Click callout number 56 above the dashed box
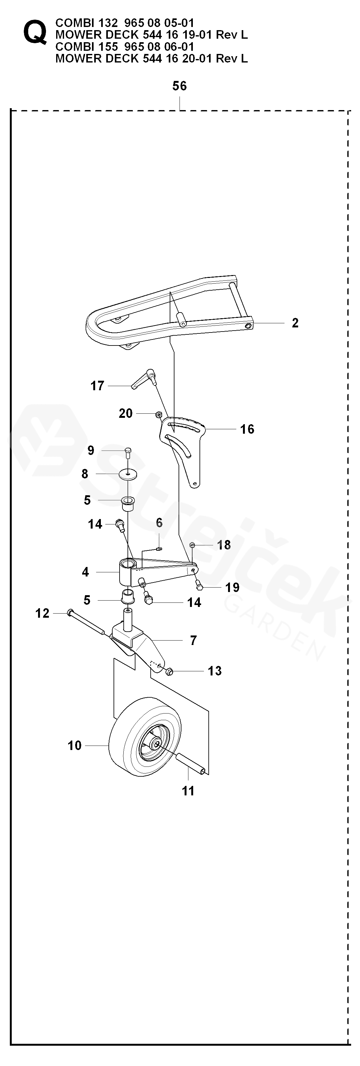(x=180, y=86)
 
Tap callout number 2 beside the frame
(x=295, y=323)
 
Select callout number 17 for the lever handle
(x=97, y=386)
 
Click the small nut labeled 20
(x=159, y=414)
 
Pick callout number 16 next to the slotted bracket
(x=247, y=429)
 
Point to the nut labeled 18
(x=193, y=545)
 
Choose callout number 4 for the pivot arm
(x=85, y=572)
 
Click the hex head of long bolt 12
(x=69, y=612)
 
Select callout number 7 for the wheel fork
(x=193, y=641)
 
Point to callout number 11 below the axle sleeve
(x=188, y=791)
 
